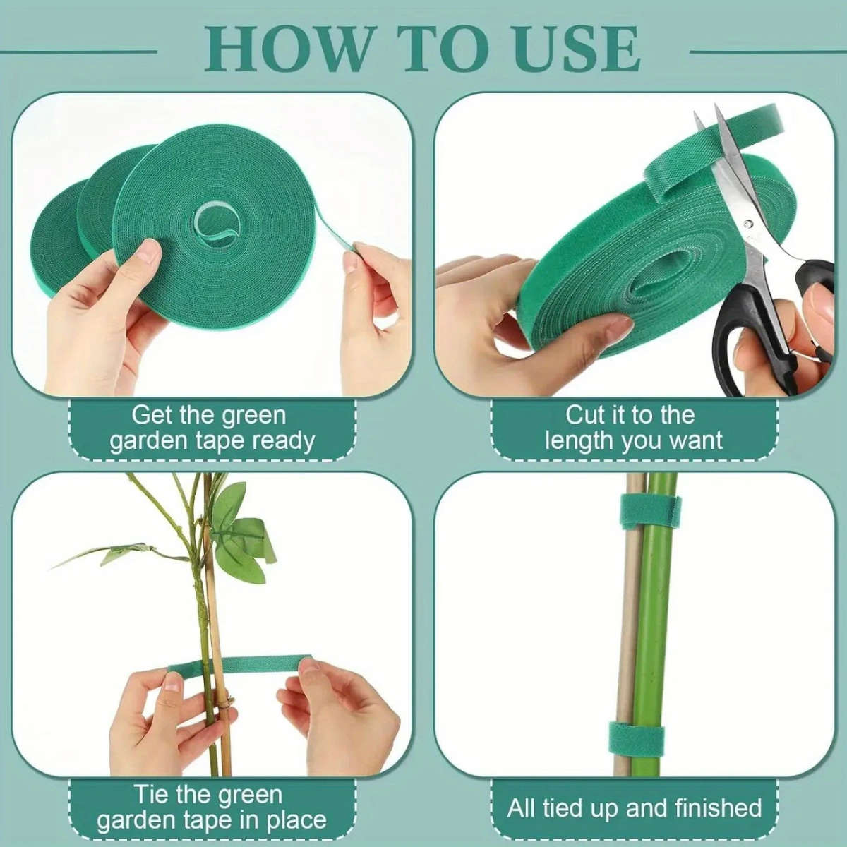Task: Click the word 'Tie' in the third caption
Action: pos(152,795)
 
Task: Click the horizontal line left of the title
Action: pos(78,52)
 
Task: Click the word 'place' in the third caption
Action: pos(296,821)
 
